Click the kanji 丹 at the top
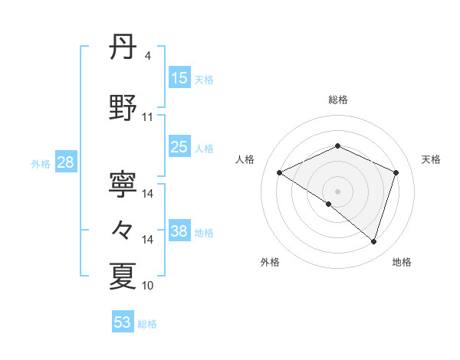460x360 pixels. (x=123, y=48)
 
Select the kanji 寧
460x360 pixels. (x=123, y=184)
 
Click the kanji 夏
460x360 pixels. (x=123, y=277)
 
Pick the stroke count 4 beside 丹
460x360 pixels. (x=147, y=56)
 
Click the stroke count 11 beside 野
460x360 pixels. (x=147, y=117)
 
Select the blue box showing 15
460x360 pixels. (x=179, y=77)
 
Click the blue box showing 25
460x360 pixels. (x=179, y=147)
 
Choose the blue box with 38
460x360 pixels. (x=179, y=231)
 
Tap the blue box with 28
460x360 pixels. (x=65, y=162)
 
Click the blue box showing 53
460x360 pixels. (x=123, y=322)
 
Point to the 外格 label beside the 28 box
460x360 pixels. (x=41, y=163)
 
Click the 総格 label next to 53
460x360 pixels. (x=147, y=324)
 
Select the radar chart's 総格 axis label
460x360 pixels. (x=337, y=100)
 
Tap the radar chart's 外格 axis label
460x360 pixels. (x=270, y=262)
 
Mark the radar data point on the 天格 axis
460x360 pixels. (x=396, y=172)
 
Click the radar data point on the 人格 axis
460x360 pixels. (x=280, y=172)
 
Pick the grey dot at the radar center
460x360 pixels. (x=337, y=191)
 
